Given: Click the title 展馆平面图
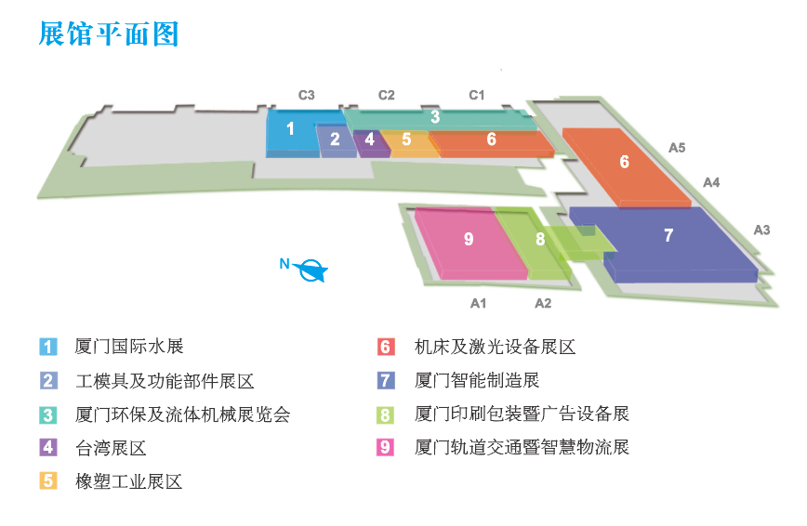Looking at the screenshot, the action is [109, 33].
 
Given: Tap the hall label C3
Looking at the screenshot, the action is [306, 95].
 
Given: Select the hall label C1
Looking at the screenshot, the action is [476, 95].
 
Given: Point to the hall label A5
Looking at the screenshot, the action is [677, 147].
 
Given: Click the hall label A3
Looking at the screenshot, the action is [761, 230].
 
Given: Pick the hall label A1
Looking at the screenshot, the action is [479, 303].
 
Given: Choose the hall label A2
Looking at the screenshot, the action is [543, 303].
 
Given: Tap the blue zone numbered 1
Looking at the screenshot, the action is [291, 130].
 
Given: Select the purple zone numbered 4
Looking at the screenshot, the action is [370, 140].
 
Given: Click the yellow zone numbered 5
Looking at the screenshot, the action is [407, 140].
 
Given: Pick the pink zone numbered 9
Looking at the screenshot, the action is [469, 240].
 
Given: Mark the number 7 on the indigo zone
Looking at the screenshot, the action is [668, 236].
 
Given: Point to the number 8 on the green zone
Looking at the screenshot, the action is [540, 240].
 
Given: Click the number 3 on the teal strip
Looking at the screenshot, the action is [435, 118].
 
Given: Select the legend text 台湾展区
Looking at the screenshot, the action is [111, 448].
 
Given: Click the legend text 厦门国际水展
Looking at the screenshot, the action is [128, 347].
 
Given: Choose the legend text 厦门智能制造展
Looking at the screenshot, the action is [476, 380].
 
